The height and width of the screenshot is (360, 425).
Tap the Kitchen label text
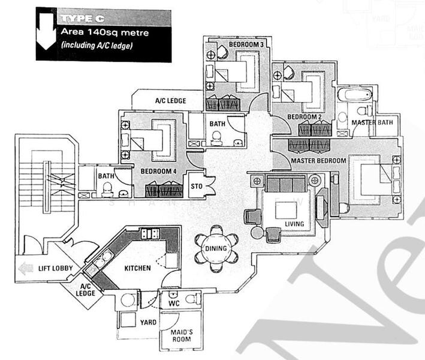[x=137, y=268]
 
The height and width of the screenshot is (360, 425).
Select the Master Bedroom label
[x=318, y=161]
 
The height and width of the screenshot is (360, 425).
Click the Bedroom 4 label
[x=158, y=171]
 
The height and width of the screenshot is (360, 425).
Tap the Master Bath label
[x=372, y=123]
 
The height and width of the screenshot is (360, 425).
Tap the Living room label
[x=294, y=224]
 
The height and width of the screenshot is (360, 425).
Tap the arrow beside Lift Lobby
[x=25, y=268]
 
